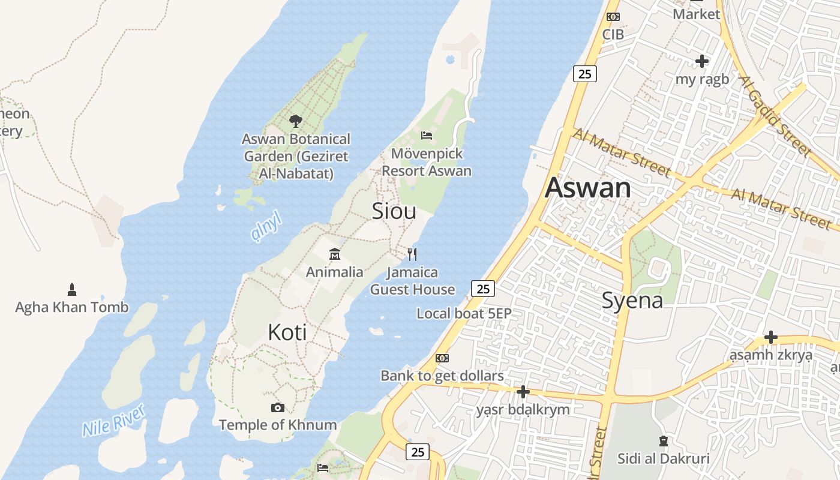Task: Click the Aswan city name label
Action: [x=587, y=188]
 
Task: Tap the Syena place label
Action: [x=632, y=300]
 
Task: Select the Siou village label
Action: [x=394, y=211]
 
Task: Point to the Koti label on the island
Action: [x=287, y=332]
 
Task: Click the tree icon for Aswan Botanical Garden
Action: [x=295, y=121]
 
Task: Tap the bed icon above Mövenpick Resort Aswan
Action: [x=427, y=136]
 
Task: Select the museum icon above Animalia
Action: [x=335, y=254]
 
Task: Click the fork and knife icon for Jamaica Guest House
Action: [x=412, y=254]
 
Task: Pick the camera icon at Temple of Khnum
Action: [x=277, y=408]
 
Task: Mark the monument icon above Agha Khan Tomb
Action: [x=72, y=290]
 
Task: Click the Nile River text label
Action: [x=114, y=420]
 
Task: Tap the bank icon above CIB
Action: [x=613, y=17]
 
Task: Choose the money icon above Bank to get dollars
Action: [x=442, y=358]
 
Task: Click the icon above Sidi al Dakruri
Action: [x=663, y=442]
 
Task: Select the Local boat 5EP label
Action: [x=464, y=313]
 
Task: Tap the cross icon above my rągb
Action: [x=701, y=61]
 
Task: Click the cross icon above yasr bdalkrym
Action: [x=523, y=392]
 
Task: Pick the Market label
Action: [x=696, y=14]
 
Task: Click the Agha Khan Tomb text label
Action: [x=72, y=307]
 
